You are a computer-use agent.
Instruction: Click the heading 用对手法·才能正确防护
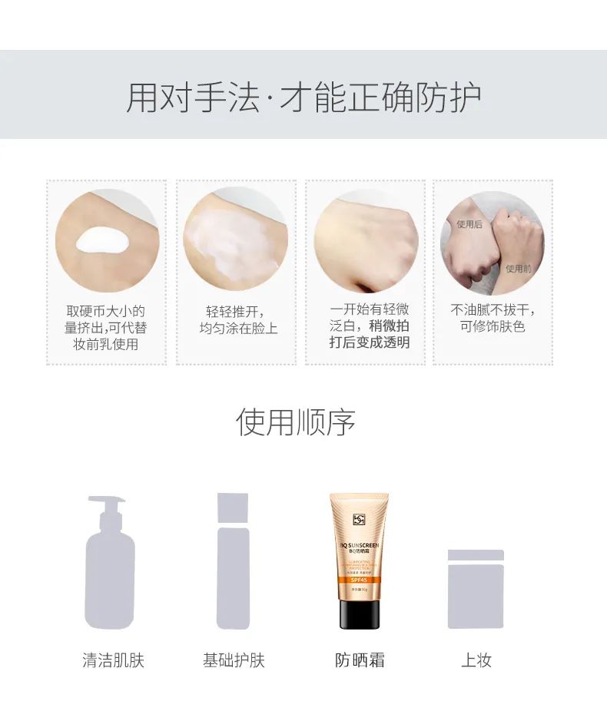click(303, 98)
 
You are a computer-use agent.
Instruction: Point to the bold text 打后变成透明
click(370, 342)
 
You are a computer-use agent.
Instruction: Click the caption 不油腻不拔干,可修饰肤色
click(493, 319)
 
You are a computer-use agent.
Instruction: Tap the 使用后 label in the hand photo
click(469, 224)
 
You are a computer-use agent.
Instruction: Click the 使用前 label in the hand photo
click(518, 269)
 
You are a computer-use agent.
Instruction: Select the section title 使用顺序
click(296, 422)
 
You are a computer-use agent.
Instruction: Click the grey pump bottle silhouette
click(109, 568)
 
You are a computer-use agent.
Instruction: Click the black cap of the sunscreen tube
click(359, 614)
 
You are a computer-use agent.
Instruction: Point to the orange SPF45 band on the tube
click(359, 580)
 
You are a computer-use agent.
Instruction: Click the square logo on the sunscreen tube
click(359, 520)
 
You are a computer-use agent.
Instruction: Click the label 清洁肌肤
click(114, 660)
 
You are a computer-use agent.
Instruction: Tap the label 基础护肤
click(234, 660)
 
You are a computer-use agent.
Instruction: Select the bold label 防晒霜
click(360, 660)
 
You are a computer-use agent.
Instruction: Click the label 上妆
click(476, 660)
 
